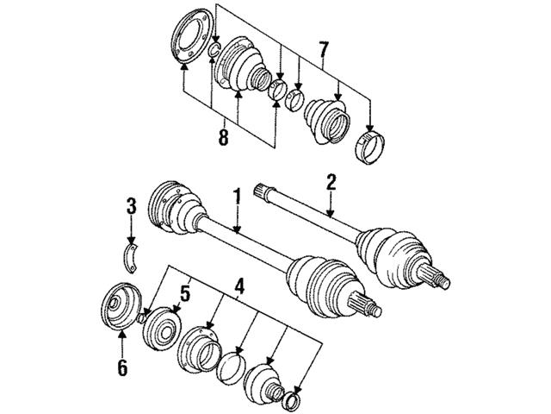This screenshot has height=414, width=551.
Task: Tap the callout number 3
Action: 131,207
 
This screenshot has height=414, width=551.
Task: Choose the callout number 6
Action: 122,368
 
